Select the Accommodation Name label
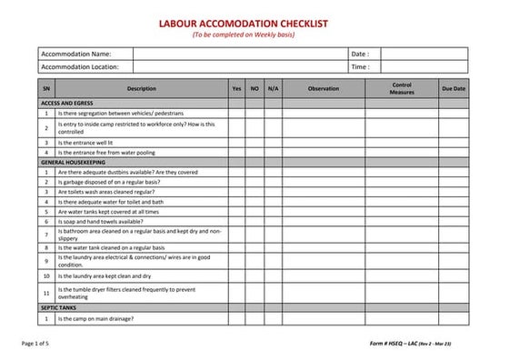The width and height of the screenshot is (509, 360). pyautogui.click(x=76, y=54)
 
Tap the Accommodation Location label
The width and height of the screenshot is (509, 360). pyautogui.click(x=82, y=66)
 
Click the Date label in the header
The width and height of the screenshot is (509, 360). pyautogui.click(x=360, y=54)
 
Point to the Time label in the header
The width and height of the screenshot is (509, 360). pyautogui.click(x=360, y=66)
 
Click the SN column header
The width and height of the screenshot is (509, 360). pyautogui.click(x=45, y=89)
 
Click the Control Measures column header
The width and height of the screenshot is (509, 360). pyautogui.click(x=401, y=89)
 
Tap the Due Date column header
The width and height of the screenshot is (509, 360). pyautogui.click(x=453, y=89)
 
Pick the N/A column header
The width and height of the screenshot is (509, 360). pyautogui.click(x=274, y=89)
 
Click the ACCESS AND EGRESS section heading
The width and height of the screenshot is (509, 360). pyautogui.click(x=68, y=104)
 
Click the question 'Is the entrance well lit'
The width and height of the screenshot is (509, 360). pyautogui.click(x=85, y=142)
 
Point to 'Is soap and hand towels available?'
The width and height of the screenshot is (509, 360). pyautogui.click(x=100, y=220)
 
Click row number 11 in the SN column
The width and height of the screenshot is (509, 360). pyautogui.click(x=45, y=293)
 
